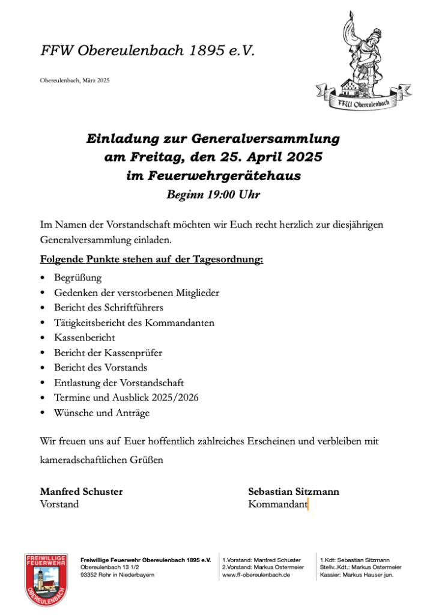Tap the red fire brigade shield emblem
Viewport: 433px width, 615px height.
point(46,578)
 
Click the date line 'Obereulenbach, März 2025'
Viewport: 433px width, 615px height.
point(74,80)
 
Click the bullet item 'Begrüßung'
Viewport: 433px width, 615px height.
point(77,278)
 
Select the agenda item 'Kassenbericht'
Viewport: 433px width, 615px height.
point(84,338)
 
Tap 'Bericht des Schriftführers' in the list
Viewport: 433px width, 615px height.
point(108,307)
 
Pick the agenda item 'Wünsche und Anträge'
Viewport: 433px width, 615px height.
point(101,413)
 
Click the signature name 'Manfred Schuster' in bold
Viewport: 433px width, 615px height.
point(81,491)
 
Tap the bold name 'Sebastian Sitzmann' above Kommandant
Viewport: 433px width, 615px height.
point(294,491)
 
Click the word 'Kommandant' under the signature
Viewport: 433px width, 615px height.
point(277,504)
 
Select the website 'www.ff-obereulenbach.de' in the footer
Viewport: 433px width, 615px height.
point(256,575)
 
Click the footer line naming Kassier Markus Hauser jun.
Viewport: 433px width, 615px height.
point(357,575)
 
